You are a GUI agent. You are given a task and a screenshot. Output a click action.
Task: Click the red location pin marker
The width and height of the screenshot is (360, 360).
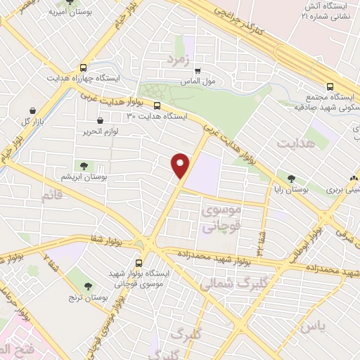click(x=181, y=165)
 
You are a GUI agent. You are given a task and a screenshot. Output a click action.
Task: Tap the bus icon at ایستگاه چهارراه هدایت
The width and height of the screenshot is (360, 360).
click(x=84, y=68)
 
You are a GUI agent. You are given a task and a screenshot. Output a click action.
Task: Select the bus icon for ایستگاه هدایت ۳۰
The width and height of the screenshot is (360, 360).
click(x=156, y=106)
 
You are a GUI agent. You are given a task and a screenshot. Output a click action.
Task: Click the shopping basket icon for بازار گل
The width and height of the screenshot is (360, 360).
click(x=34, y=110)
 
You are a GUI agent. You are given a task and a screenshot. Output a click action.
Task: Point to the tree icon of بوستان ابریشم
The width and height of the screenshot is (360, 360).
click(x=84, y=166)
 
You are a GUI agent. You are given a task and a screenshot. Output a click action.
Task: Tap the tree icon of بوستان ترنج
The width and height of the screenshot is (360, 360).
click(x=88, y=286)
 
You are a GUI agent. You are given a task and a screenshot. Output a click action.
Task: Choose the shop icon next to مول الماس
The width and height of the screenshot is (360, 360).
click(x=198, y=71)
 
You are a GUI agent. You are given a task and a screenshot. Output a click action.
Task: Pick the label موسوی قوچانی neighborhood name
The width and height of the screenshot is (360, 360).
click(x=221, y=218)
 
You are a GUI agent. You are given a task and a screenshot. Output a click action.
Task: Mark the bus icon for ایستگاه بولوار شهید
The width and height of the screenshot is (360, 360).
click(x=148, y=259)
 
